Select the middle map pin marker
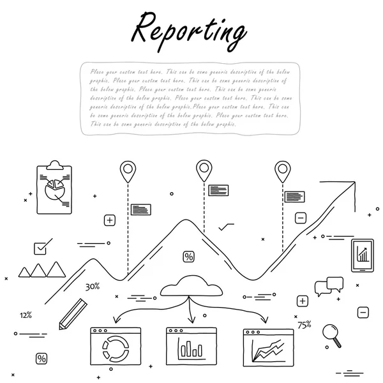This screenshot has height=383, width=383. point(204,169)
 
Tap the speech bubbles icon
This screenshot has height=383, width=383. point(329,286)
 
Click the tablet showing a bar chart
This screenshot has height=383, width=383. point(362,255)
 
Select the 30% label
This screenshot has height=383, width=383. point(93,287)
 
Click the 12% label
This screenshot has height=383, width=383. point(26,315)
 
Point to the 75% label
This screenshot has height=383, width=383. point(304,325)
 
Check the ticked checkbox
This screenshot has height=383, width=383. point(41,247)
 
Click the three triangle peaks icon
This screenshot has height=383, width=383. point(42,270)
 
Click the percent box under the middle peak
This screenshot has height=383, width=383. point(188,257)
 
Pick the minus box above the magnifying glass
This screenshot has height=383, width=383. point(363,312)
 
